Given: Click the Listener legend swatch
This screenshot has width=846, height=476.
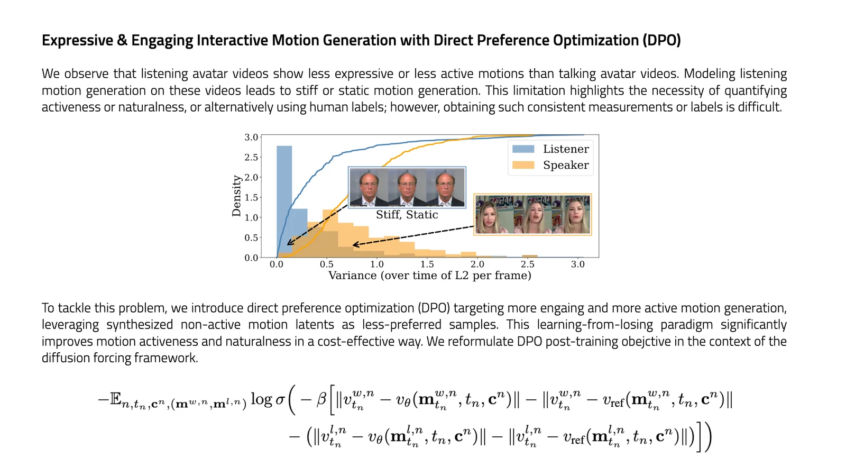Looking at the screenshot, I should click(x=523, y=149).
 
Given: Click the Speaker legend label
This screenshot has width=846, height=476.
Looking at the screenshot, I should click(x=565, y=165).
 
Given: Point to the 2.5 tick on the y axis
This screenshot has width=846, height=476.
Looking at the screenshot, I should click(x=251, y=157).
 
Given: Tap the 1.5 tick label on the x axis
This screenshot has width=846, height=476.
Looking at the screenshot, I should click(x=427, y=264).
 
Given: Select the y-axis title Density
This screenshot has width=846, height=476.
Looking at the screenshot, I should click(x=236, y=196).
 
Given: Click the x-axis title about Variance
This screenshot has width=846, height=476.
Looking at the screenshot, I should click(x=429, y=276).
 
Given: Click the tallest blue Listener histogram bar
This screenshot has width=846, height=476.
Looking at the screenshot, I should click(x=284, y=201).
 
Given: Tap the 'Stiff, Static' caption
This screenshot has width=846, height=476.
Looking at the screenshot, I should click(x=407, y=215).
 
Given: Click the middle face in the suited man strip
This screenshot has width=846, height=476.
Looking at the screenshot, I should click(x=407, y=187).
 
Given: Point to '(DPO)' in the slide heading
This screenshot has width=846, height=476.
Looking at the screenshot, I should click(x=661, y=40).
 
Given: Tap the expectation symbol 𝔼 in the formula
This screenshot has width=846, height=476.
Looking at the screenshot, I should click(x=115, y=399).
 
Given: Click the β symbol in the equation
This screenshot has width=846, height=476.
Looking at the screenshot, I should click(x=321, y=399).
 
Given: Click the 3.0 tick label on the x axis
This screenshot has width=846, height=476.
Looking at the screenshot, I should click(x=577, y=264).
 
